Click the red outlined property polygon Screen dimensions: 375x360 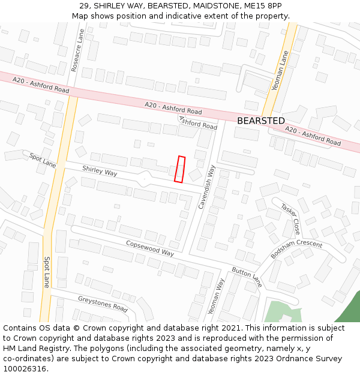179,169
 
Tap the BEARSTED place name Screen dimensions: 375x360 261,121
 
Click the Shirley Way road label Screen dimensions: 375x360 100,172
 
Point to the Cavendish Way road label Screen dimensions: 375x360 207,187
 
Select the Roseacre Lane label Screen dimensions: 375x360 76,52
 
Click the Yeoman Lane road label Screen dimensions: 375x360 280,70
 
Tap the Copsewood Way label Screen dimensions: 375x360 150,248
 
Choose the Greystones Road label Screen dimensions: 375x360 103,304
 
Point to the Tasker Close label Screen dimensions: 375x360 291,218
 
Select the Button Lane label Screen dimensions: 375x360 247,277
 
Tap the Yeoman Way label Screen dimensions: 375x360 215,296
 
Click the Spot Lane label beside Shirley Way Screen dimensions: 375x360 43,159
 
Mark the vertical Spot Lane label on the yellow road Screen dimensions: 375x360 47,272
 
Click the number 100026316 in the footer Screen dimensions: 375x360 24,369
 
